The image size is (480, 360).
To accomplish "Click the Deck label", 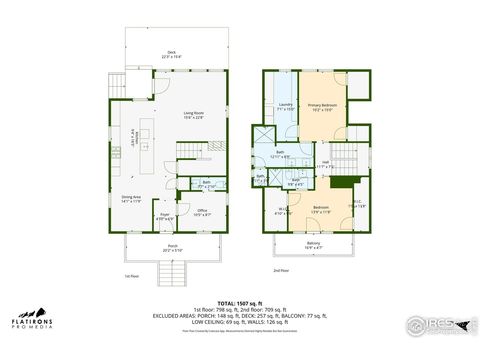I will tap(172, 54).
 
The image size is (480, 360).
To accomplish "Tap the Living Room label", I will tap(193, 116).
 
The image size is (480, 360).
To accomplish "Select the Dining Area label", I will tap(131, 199).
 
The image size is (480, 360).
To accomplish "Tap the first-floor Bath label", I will tap(206, 184).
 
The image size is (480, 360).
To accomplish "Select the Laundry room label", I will tap(285, 106).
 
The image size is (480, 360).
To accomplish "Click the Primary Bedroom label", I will tap(321, 106).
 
